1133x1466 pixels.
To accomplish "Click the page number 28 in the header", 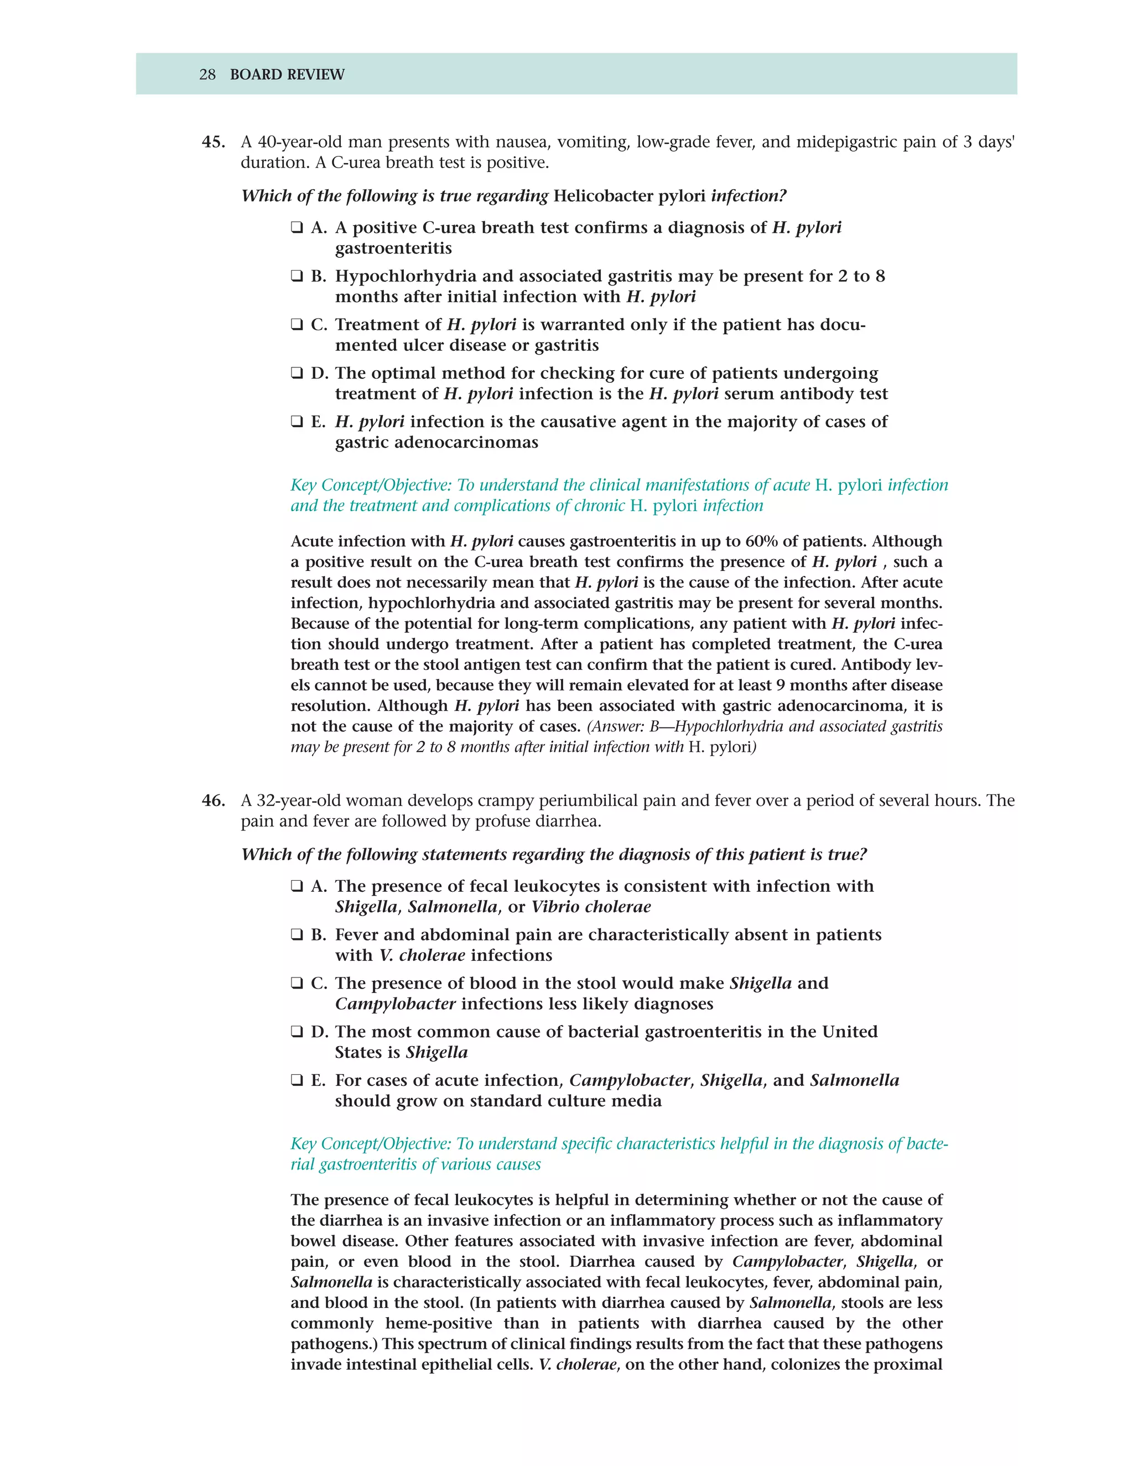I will pyautogui.click(x=207, y=75).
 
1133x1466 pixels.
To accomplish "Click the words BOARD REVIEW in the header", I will pyautogui.click(x=287, y=75).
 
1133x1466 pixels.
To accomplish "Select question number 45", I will pyautogui.click(x=213, y=142).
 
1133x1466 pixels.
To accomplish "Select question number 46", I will pyautogui.click(x=213, y=801).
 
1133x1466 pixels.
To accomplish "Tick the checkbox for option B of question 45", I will pyautogui.click(x=297, y=276).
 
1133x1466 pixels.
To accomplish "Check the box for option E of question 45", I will pyautogui.click(x=297, y=422).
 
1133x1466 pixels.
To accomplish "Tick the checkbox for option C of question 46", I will pyautogui.click(x=297, y=984).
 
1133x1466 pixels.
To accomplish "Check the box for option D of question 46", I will pyautogui.click(x=297, y=1032).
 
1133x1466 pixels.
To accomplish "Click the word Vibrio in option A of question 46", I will pyautogui.click(x=554, y=907).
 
